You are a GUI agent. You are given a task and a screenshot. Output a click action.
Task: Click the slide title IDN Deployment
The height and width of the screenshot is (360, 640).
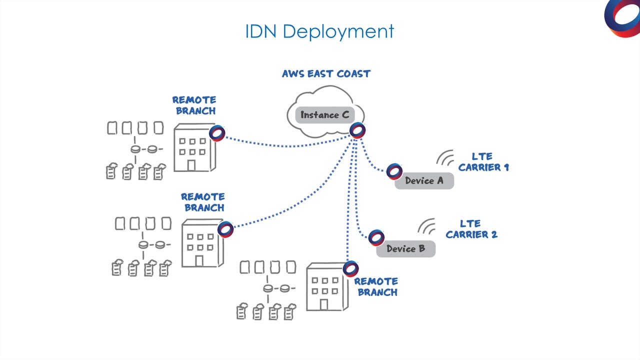(x=319, y=31)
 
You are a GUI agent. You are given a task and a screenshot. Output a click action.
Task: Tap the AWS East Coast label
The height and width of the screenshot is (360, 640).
(x=326, y=74)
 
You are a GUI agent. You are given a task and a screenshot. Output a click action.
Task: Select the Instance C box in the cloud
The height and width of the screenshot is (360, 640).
(x=324, y=115)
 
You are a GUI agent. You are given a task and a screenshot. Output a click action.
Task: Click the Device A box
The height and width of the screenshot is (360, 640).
(x=424, y=181)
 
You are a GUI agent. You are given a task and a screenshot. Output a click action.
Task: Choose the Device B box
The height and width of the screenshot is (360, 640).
(x=405, y=249)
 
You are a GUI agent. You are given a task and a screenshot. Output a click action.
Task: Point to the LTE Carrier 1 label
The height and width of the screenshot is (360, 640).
(x=483, y=162)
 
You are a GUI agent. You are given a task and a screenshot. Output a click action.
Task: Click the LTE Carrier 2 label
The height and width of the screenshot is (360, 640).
(x=471, y=229)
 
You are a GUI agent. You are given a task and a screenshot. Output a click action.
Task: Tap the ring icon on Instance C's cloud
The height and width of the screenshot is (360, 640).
(x=357, y=130)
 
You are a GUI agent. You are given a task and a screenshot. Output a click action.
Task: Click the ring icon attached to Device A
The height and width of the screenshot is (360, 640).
(x=394, y=171)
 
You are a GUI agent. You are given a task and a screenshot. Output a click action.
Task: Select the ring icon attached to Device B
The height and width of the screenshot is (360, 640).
(x=376, y=237)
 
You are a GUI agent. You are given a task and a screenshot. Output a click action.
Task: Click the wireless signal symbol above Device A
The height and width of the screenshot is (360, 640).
(x=445, y=158)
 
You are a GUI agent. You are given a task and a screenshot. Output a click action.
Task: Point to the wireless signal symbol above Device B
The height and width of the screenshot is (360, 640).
(x=427, y=226)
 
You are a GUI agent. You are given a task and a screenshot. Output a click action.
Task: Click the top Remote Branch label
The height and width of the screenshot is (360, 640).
(x=194, y=105)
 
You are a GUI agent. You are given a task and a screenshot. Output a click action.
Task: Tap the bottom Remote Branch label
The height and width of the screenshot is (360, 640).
(x=376, y=287)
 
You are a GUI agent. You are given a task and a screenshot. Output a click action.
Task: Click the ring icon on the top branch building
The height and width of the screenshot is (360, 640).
(x=217, y=133)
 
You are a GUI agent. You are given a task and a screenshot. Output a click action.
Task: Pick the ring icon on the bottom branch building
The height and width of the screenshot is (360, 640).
(x=350, y=268)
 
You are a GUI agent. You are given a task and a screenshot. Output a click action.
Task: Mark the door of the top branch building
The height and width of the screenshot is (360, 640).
(x=191, y=165)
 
